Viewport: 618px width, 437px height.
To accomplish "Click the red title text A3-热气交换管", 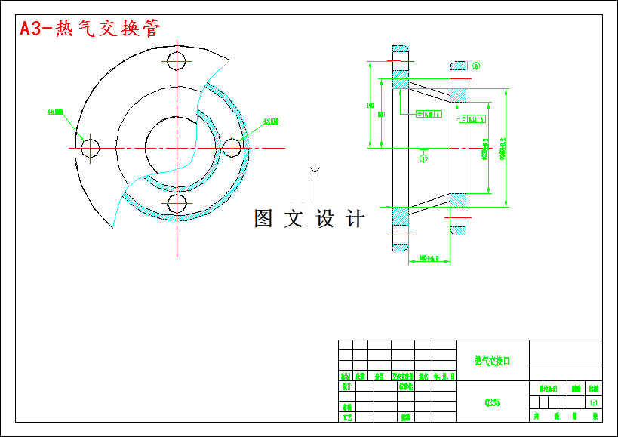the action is (x=89, y=29).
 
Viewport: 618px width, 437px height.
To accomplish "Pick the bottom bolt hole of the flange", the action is (x=177, y=203).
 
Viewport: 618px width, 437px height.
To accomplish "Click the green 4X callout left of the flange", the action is (x=55, y=112).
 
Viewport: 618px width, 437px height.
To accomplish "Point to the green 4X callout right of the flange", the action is (x=271, y=121).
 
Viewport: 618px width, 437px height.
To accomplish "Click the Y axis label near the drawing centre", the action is (x=315, y=173).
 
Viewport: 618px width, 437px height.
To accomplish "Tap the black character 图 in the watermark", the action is (x=263, y=219).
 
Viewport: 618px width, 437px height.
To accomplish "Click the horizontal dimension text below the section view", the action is (x=429, y=258).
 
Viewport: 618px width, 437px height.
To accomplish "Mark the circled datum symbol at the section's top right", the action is (x=476, y=66).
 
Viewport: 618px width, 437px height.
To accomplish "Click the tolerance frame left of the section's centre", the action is (x=429, y=115).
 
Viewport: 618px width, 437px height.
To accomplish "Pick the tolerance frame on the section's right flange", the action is (x=473, y=119).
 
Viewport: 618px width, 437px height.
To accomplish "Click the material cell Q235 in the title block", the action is (x=493, y=402).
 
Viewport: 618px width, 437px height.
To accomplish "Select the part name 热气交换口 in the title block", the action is (x=493, y=362).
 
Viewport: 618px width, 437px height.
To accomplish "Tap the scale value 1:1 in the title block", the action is (x=594, y=403).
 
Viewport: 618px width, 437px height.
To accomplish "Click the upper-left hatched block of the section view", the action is (x=400, y=80).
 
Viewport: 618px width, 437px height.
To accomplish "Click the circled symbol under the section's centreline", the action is (x=423, y=158).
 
